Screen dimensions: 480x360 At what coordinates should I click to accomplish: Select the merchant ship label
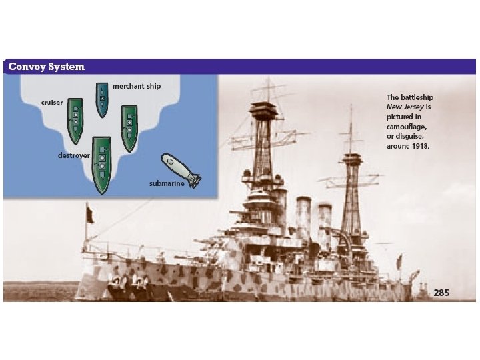point(137,86)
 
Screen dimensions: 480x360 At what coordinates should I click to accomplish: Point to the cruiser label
point(51,102)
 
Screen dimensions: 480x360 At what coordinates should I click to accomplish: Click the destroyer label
point(73,155)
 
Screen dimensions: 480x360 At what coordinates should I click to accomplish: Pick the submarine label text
point(167,183)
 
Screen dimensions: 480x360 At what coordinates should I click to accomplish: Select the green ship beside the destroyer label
point(101,163)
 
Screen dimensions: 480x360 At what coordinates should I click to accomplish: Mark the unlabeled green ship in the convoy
point(129,127)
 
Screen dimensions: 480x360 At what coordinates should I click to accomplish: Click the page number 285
point(441,292)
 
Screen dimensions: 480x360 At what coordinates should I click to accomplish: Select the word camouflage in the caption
point(407,126)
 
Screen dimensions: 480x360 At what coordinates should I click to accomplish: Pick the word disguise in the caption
point(412,136)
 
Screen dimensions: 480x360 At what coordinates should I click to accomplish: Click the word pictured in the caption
point(401,116)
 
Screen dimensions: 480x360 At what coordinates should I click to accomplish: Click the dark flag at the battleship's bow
point(89,214)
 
